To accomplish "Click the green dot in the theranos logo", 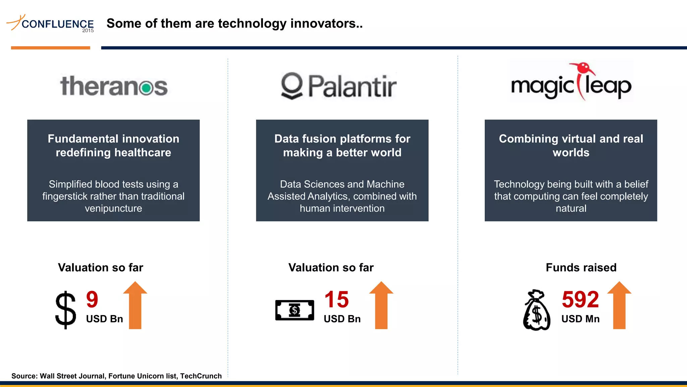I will tap(147, 88).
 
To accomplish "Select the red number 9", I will tap(92, 299).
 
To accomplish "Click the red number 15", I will tap(336, 299).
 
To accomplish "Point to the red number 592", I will tap(580, 299).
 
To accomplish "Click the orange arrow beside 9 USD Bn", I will tap(135, 305).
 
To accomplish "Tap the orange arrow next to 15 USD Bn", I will tap(381, 305).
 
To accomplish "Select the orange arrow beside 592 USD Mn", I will tap(619, 305).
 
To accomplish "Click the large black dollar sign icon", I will tap(66, 310).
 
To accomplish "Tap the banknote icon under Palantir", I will tap(295, 310).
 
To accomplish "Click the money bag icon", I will tap(537, 310).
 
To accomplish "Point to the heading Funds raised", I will tap(581, 267).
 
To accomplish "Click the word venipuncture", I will tap(113, 208).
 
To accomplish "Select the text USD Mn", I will tap(580, 319).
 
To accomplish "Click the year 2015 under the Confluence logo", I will tap(88, 31).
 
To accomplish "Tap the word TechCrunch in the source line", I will tap(201, 376).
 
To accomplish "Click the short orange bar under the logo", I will tap(50, 48).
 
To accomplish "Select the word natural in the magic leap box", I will tap(571, 208).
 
